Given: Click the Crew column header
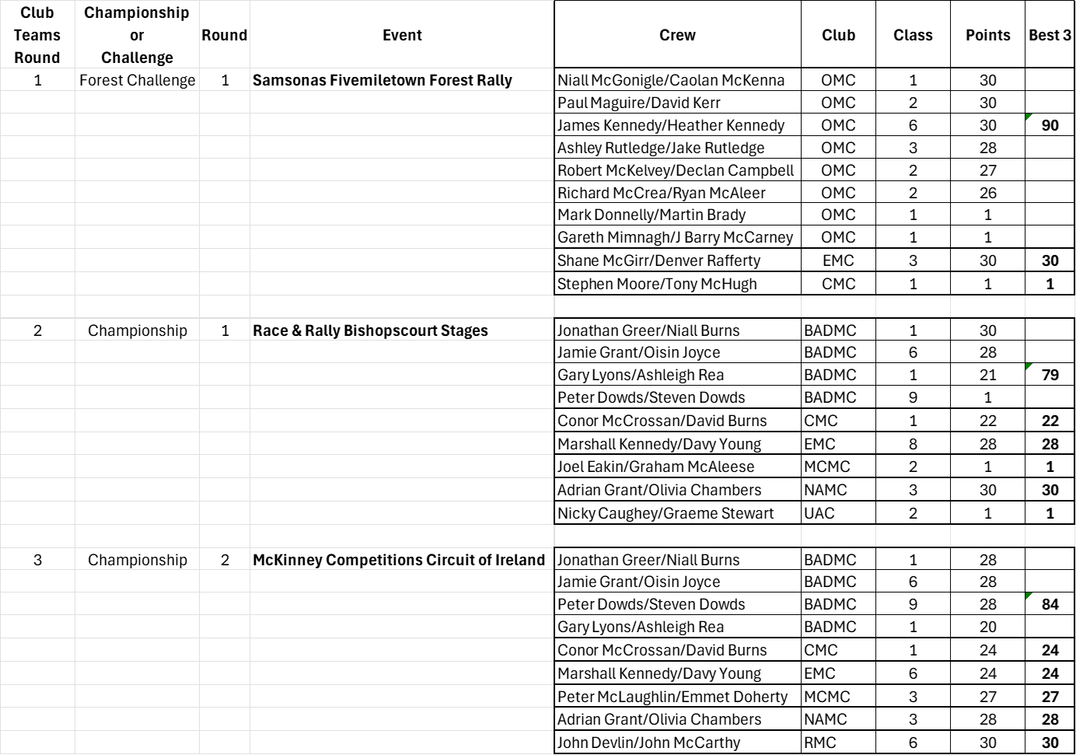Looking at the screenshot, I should (x=677, y=35).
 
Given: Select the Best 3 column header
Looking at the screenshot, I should (x=1050, y=35).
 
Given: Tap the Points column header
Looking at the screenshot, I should (x=987, y=35).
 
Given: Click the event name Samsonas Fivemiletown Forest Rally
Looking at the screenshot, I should (x=382, y=80).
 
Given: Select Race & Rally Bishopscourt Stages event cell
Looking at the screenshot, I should (x=370, y=330).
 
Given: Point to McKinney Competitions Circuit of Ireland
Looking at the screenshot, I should (x=399, y=560).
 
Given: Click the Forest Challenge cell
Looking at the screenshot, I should (x=138, y=80).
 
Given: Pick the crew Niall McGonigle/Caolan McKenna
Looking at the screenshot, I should (x=671, y=80).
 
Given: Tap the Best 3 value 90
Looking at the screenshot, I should (x=1050, y=125).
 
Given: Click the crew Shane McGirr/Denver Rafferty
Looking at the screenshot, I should (x=659, y=260).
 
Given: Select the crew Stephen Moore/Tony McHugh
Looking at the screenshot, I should (x=657, y=284).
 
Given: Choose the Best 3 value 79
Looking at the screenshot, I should (x=1050, y=375).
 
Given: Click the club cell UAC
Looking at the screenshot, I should (x=819, y=513).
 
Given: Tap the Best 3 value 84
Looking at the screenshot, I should (x=1050, y=604).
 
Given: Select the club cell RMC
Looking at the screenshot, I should (x=820, y=743).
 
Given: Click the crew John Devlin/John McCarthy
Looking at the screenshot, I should (x=648, y=743).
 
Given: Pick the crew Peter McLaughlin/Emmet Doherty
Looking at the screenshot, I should (x=672, y=697).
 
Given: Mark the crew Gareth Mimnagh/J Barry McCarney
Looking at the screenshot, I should (x=675, y=237).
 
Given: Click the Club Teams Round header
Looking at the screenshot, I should (x=37, y=35).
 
